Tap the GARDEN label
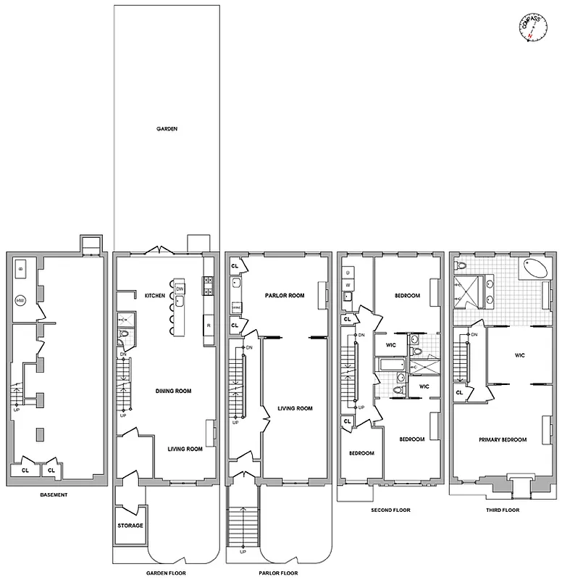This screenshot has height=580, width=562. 167,129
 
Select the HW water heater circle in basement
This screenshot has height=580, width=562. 20,300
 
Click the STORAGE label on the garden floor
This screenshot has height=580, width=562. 130,526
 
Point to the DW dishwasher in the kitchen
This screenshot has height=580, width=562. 180,289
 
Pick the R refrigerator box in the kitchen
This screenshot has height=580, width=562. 209,326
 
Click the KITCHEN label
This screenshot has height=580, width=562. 156,296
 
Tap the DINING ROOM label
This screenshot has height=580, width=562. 173,391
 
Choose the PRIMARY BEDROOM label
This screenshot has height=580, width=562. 502,439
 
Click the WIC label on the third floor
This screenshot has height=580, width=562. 519,355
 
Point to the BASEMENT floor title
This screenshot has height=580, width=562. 54,495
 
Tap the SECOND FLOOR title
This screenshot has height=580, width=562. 391,510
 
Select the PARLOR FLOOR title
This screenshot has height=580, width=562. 278,573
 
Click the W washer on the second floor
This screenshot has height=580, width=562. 348,285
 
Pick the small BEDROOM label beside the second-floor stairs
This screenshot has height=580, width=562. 361,453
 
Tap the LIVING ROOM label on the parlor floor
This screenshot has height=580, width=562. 295,408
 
